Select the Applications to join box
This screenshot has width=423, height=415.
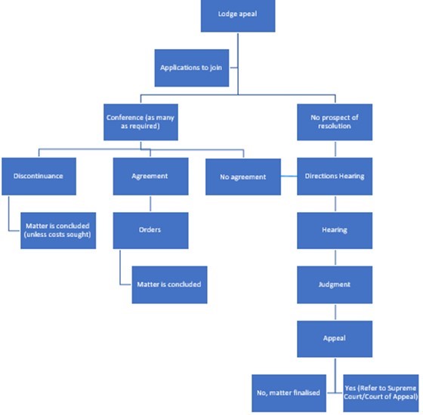(x=193, y=67)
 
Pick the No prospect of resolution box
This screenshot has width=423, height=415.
(x=334, y=121)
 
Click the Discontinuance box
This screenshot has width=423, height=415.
(x=38, y=176)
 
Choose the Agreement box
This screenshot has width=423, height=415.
(x=150, y=176)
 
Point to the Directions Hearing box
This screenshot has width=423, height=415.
(x=334, y=176)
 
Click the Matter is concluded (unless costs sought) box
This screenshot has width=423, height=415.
(x=58, y=230)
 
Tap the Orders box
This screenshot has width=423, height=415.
(x=150, y=230)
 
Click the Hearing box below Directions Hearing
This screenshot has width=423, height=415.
(x=334, y=230)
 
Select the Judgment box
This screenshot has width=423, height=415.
(x=334, y=284)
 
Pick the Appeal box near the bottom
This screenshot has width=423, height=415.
(x=334, y=339)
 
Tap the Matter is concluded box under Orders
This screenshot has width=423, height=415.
(x=169, y=284)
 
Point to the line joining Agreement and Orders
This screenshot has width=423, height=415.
(x=150, y=203)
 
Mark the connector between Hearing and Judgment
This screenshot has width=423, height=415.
(x=334, y=257)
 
